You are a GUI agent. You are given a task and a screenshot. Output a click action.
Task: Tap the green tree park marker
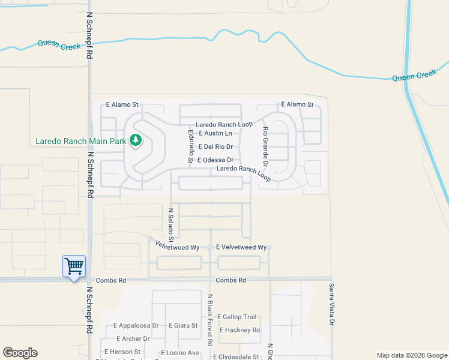point(136,140)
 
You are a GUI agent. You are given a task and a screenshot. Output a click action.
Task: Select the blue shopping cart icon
point(74,266)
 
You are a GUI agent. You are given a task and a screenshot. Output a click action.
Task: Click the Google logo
point(20,353)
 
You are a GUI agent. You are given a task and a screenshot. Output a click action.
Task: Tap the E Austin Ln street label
point(215,133)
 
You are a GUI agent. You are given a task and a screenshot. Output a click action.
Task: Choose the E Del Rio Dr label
point(215,146)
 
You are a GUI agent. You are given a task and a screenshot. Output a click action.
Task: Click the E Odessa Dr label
point(214,160)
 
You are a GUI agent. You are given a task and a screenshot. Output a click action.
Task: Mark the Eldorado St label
point(190,146)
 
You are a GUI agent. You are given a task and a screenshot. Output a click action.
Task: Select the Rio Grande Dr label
point(265,146)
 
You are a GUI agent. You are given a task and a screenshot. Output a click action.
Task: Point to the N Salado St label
point(170,222)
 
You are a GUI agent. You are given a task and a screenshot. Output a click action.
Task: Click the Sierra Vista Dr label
point(331,305)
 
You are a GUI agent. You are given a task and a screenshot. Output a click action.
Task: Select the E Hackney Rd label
point(240,330)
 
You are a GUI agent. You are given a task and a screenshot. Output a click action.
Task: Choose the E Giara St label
point(183,326)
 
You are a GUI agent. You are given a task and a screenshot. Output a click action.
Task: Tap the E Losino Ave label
point(184,353)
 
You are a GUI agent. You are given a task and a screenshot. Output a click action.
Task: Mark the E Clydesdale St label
point(236,356)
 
